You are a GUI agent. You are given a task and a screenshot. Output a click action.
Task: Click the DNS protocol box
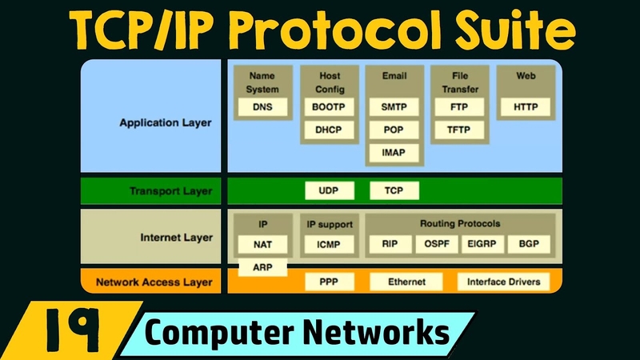(x=262, y=106)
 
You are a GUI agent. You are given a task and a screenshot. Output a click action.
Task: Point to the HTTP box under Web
(x=526, y=106)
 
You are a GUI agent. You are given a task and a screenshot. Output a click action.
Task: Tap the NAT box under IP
(x=262, y=244)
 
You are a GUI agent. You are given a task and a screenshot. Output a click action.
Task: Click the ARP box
(x=262, y=267)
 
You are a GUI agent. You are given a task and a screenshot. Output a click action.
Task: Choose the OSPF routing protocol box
(x=437, y=244)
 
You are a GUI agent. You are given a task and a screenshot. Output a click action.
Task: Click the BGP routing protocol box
(x=529, y=244)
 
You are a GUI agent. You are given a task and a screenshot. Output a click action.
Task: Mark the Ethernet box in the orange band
(x=406, y=282)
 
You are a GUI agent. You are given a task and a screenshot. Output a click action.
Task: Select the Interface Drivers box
(x=503, y=282)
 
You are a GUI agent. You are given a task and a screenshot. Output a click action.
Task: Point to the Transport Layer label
(x=170, y=191)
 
